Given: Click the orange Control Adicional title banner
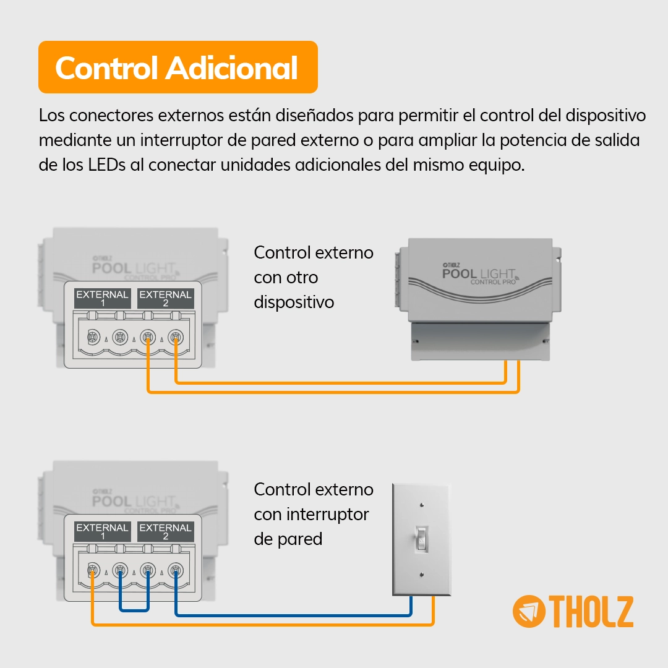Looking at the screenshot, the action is pyautogui.click(x=178, y=67).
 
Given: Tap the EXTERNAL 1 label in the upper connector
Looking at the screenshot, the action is pyautogui.click(x=102, y=298).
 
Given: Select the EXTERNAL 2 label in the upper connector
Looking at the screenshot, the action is pyautogui.click(x=165, y=298).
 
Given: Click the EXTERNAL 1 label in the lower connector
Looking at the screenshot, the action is pyautogui.click(x=102, y=531).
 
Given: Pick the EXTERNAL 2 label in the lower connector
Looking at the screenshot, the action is pyautogui.click(x=165, y=531).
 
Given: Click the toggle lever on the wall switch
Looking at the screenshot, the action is pyautogui.click(x=421, y=539).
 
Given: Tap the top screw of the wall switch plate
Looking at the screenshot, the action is pyautogui.click(x=422, y=505).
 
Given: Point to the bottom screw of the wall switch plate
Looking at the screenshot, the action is pyautogui.click(x=422, y=575).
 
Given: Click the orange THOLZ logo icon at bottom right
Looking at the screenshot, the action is pyautogui.click(x=529, y=611).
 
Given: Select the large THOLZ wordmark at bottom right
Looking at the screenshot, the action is pyautogui.click(x=591, y=612).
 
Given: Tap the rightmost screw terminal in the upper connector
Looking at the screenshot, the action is pyautogui.click(x=176, y=338).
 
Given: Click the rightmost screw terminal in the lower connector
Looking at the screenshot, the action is pyautogui.click(x=176, y=570).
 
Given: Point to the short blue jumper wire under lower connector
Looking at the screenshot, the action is pyautogui.click(x=134, y=610).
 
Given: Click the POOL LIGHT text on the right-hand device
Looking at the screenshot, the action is pyautogui.click(x=478, y=273).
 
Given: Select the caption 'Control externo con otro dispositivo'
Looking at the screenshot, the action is pyautogui.click(x=314, y=277).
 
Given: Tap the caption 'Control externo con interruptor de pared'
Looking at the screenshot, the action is pyautogui.click(x=314, y=514).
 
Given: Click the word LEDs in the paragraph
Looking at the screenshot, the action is pyautogui.click(x=106, y=165).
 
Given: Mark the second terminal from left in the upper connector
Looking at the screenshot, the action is pyautogui.click(x=120, y=338).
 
